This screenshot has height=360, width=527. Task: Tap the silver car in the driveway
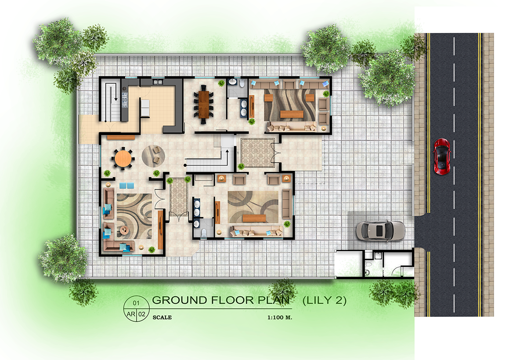[x=380, y=230]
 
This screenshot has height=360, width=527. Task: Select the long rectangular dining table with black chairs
[x=203, y=104]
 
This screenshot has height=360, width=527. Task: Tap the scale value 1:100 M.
[x=280, y=317]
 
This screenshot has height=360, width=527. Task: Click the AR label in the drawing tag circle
[x=131, y=314]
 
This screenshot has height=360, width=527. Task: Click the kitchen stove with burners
[x=124, y=98]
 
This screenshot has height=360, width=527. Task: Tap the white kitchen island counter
[x=145, y=108]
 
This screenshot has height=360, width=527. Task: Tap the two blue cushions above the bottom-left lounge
[x=126, y=185]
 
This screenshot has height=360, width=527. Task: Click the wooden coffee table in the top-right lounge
[x=292, y=114]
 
